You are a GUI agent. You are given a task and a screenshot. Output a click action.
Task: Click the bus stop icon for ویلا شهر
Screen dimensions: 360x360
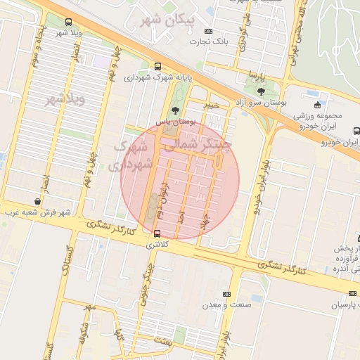[x=67, y=22]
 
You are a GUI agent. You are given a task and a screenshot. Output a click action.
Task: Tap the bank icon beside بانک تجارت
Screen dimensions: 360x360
[x=208, y=31]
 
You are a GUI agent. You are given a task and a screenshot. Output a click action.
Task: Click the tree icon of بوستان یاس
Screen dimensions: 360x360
[x=175, y=110]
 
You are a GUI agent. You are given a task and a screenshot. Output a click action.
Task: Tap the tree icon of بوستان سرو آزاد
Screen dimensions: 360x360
[x=261, y=91]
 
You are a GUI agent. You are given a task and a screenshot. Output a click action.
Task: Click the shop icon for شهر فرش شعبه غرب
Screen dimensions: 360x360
[x=37, y=201]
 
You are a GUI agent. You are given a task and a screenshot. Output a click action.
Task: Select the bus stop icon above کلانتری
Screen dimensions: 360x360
[x=156, y=233]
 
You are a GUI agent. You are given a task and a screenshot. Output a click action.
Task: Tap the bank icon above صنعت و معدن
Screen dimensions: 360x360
[x=226, y=293]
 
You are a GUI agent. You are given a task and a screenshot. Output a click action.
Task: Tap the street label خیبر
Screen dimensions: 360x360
[x=212, y=105]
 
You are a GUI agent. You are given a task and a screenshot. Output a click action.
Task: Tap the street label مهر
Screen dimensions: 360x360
[x=89, y=308]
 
